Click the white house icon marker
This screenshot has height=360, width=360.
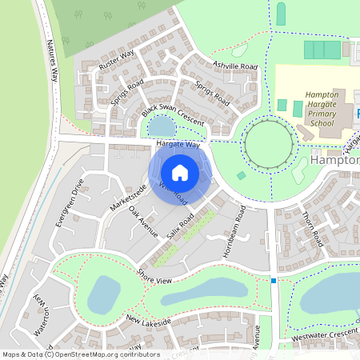coord(180,172)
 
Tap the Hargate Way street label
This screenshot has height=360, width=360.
coord(178,144)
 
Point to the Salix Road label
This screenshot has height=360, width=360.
coord(182,226)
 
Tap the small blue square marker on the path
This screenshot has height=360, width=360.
coord(274,280)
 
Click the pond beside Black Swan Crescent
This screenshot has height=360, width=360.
coord(161,126)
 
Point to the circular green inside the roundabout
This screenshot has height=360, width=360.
coord(268,146)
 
